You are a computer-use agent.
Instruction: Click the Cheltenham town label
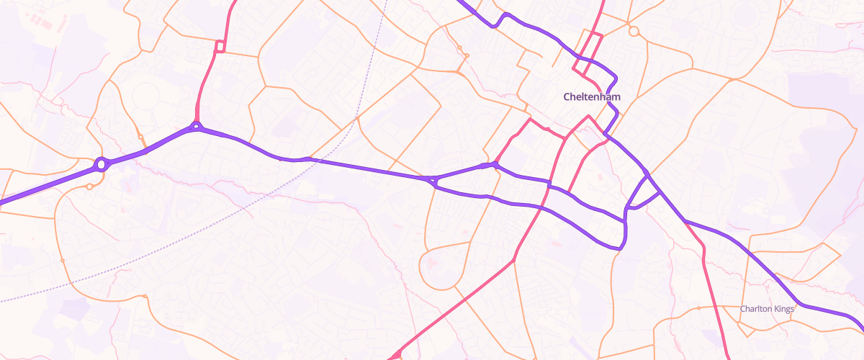point(591,96)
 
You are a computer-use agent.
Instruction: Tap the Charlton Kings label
point(767,309)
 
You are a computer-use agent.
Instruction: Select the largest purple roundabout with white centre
point(102,164)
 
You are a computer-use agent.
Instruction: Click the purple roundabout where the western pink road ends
point(196,127)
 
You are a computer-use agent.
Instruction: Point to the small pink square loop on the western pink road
point(220,47)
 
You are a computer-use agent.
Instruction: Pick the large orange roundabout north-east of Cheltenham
point(634,31)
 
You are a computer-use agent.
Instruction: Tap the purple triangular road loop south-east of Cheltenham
point(644,194)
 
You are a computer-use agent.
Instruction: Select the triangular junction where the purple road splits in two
point(432,180)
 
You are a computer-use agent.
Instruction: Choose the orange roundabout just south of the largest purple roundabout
point(89,186)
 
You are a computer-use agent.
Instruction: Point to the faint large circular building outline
point(147,96)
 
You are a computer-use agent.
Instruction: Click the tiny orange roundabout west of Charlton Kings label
point(699,308)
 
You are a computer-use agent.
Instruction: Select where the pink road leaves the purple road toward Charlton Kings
point(686,222)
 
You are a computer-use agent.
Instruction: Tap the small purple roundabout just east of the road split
point(495,166)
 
